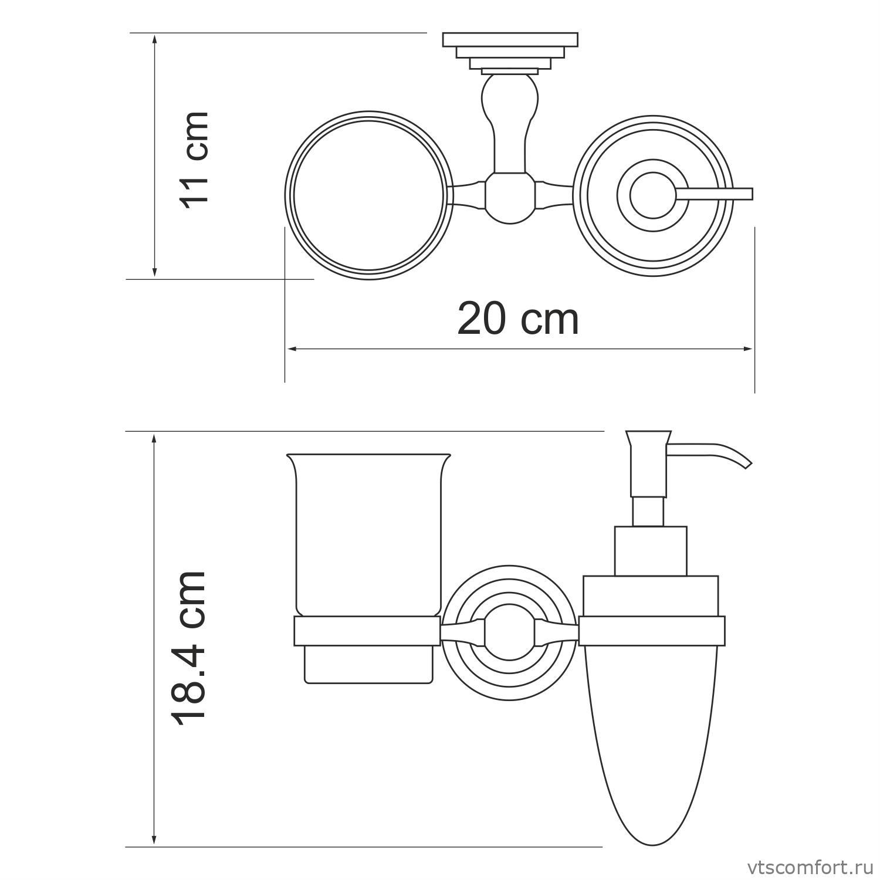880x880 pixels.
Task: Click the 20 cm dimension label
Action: [517, 319]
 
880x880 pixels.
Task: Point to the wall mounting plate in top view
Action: [510, 40]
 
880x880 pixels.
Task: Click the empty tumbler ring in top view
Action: [370, 195]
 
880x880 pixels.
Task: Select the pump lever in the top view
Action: [716, 194]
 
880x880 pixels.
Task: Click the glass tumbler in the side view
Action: [368, 534]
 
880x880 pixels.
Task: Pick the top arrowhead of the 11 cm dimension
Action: [154, 39]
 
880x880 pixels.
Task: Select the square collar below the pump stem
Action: [650, 550]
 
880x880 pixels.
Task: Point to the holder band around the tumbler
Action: [367, 632]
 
